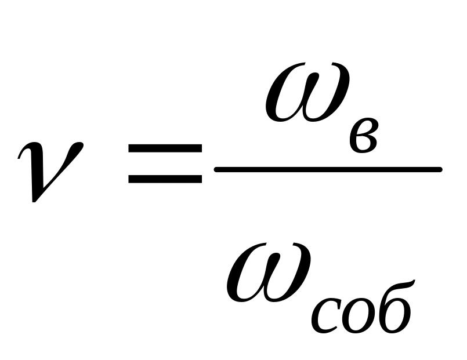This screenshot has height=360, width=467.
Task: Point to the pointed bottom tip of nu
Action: pyautogui.click(x=36, y=200)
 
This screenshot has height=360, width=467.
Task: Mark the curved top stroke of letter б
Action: pyautogui.click(x=400, y=285)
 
